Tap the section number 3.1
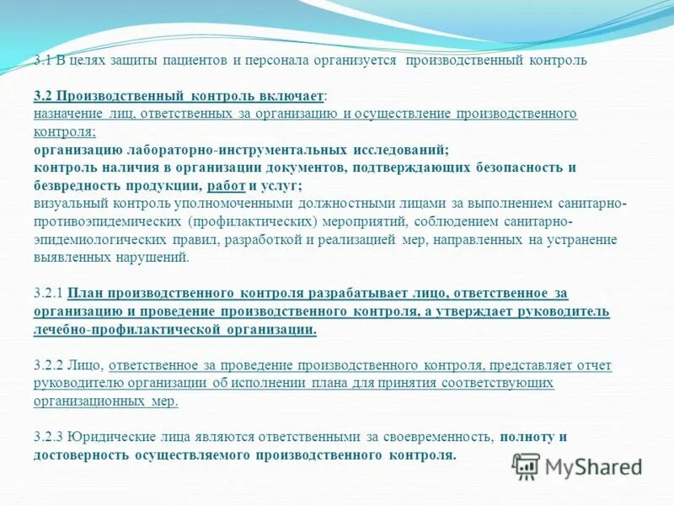pyautogui.click(x=43, y=61)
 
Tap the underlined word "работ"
pyautogui.click(x=226, y=185)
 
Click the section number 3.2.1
pyautogui.click(x=49, y=294)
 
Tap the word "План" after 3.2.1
pyautogui.click(x=85, y=294)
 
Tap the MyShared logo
pyautogui.click(x=578, y=466)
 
